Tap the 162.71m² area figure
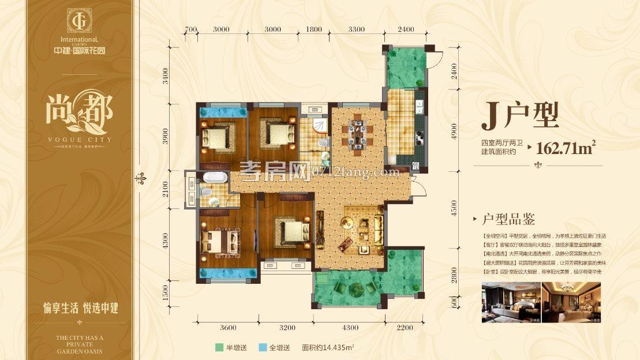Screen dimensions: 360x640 click(566, 148)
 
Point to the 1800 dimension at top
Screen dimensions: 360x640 click(314, 29)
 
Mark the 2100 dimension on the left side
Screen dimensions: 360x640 click(166, 189)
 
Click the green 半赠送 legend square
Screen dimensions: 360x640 click(219, 348)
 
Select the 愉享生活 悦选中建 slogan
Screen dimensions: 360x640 click(81, 307)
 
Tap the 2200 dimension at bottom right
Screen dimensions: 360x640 click(405, 328)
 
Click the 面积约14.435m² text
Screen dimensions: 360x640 click(328, 348)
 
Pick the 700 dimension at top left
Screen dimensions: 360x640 click(191, 29)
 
